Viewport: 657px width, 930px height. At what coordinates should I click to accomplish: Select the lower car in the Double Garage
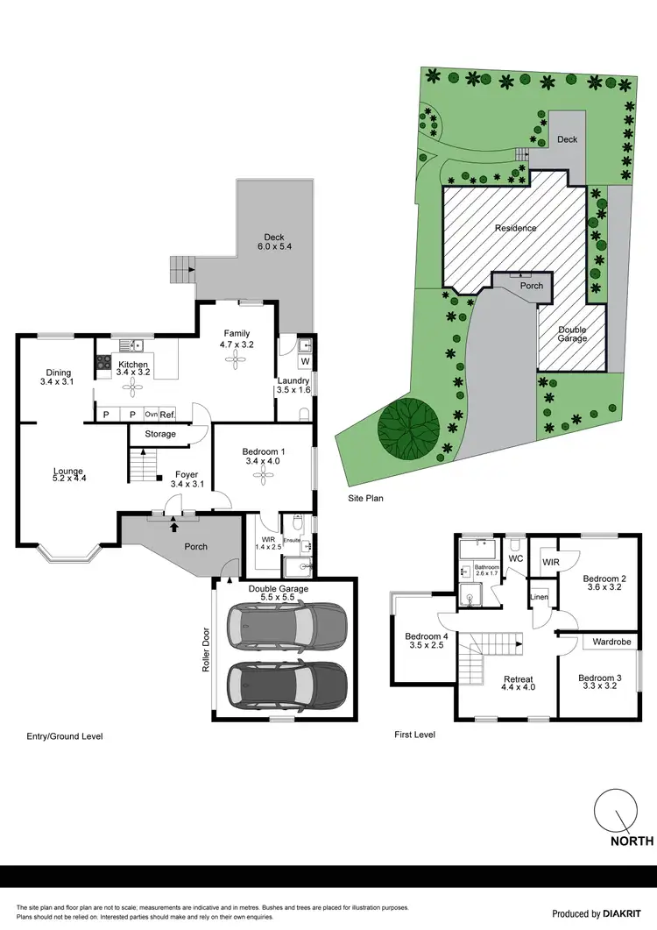coord(286,684)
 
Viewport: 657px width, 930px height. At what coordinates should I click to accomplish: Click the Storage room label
coord(160,434)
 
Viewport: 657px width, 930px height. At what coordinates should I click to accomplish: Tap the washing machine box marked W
coord(305,361)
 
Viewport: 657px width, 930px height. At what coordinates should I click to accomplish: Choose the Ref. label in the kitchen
coord(168,415)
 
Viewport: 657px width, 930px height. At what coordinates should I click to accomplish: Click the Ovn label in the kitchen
coord(151,415)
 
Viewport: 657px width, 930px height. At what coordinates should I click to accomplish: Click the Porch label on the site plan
coord(532,286)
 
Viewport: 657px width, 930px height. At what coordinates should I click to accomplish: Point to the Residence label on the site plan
coord(515,228)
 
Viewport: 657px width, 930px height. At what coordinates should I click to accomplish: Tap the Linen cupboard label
coord(539,598)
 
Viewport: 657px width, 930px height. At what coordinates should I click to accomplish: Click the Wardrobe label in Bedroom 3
coord(612,642)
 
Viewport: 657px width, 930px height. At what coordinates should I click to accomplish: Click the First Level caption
coord(414,735)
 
